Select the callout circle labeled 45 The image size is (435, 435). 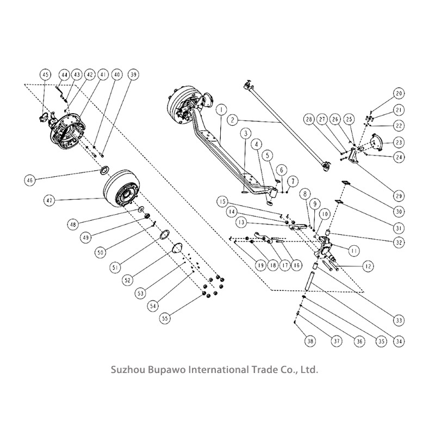(46, 74)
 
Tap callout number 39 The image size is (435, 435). (133, 75)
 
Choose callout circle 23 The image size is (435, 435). (399, 142)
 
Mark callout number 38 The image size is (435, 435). (310, 341)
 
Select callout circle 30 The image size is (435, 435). (399, 212)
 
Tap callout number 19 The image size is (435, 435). (260, 265)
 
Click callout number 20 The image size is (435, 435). (399, 92)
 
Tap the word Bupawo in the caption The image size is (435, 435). (166, 370)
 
